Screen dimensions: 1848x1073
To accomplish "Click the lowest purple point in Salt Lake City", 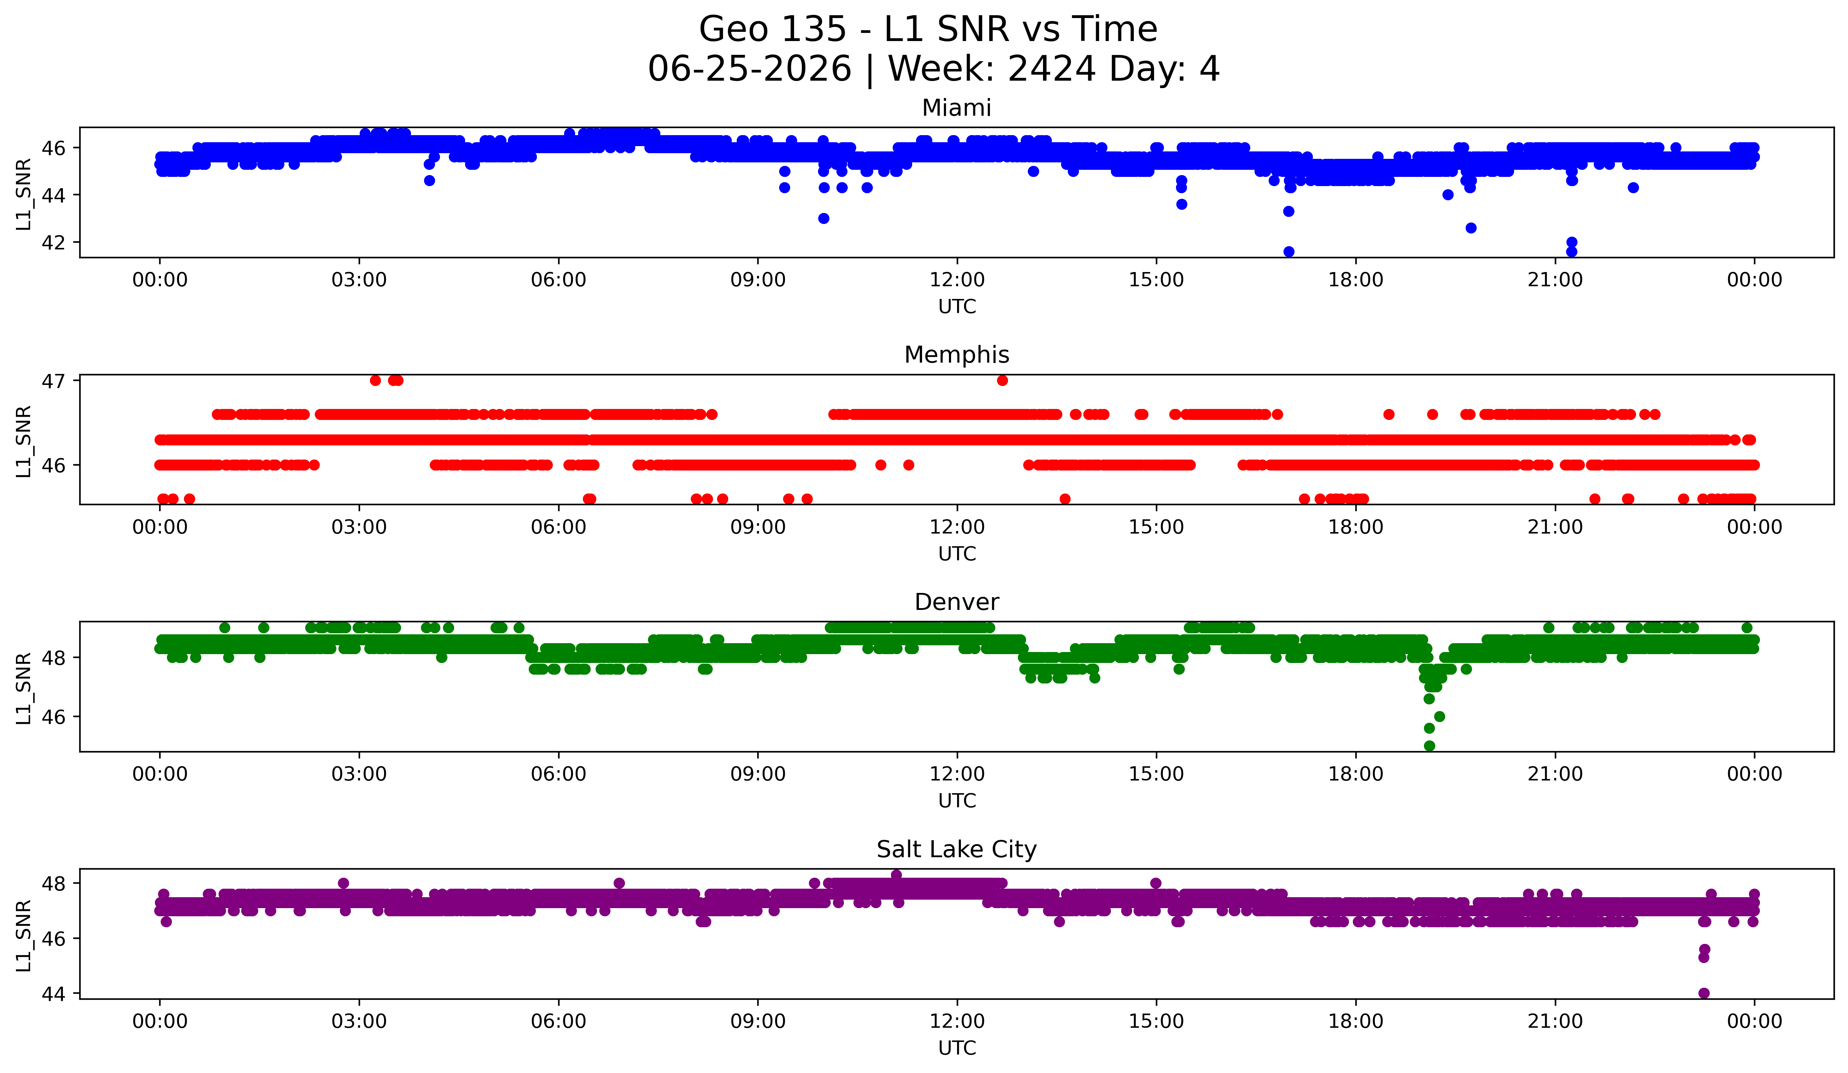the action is [x=1704, y=993].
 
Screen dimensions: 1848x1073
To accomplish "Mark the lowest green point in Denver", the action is [x=1429, y=746].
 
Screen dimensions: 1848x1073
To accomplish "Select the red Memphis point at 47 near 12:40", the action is [x=1002, y=380].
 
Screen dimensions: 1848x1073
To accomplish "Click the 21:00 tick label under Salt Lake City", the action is [x=1556, y=1021].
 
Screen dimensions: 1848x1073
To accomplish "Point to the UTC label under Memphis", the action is [x=957, y=554].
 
